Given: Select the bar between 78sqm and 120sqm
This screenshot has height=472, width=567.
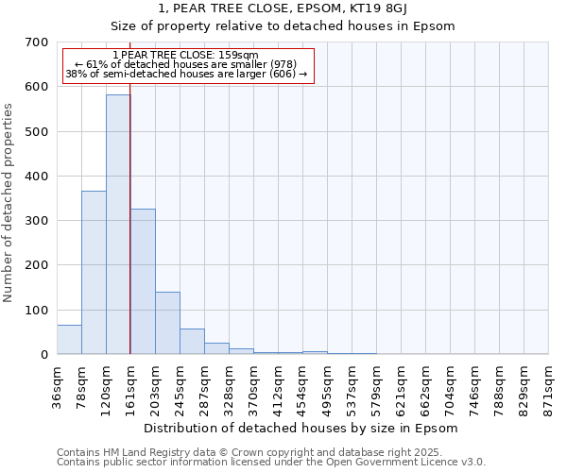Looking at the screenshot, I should pyautogui.click(x=94, y=273).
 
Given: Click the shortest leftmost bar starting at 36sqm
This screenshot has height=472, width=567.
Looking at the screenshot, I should pyautogui.click(x=69, y=340).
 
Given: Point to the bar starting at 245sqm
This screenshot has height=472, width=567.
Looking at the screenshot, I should pyautogui.click(x=192, y=342).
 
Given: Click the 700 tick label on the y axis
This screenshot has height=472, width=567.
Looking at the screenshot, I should pyautogui.click(x=37, y=42).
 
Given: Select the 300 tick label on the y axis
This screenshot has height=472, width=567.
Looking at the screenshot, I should pyautogui.click(x=37, y=221).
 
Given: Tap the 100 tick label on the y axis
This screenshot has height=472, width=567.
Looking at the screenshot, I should pyautogui.click(x=37, y=311).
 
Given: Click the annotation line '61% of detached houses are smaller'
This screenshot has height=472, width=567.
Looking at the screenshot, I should pyautogui.click(x=186, y=64).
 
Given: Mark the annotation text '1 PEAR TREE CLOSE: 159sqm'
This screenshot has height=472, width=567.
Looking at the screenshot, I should pyautogui.click(x=184, y=55).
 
